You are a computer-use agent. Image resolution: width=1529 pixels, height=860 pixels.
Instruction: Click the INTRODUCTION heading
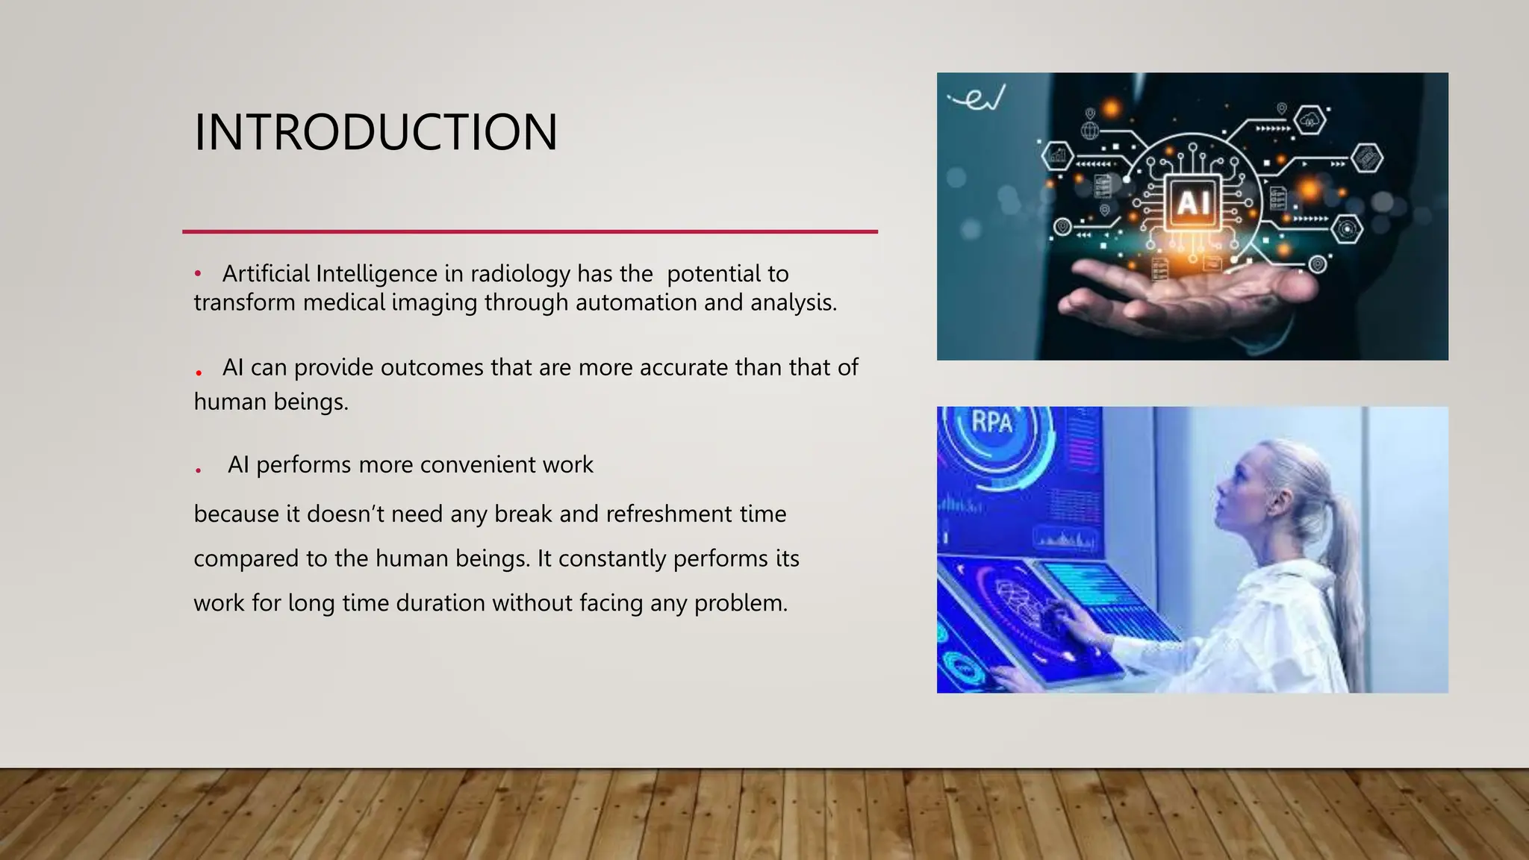point(376,132)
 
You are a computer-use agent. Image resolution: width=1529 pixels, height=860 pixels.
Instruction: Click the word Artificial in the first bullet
point(266,274)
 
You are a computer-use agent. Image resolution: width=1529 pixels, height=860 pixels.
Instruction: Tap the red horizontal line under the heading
point(530,231)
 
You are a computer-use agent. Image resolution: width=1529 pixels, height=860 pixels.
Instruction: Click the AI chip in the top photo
point(1193,202)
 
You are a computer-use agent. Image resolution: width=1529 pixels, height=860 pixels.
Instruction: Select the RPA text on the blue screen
point(991,423)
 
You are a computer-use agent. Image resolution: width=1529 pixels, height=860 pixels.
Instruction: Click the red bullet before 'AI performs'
point(198,470)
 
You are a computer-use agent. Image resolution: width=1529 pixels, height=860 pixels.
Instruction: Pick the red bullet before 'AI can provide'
point(199,372)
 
